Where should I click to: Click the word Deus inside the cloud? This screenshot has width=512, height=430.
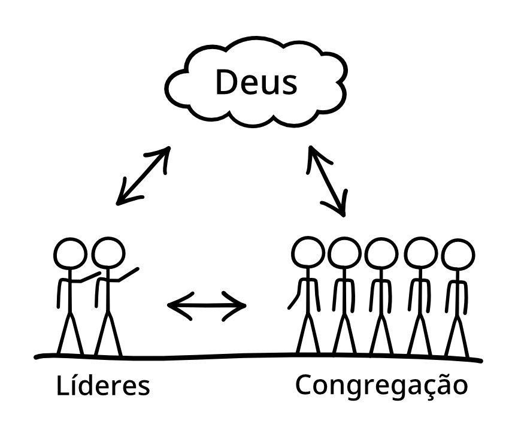[256, 82]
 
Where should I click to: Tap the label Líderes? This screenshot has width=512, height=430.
[103, 386]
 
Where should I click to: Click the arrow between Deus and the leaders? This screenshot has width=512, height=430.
[143, 175]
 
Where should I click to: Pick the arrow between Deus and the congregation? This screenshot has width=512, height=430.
[327, 181]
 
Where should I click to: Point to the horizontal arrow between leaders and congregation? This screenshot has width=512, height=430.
[207, 305]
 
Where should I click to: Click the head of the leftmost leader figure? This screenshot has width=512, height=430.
[70, 254]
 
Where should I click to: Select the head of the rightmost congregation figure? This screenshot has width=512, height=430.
[458, 255]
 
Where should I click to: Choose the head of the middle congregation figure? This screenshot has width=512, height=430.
[381, 254]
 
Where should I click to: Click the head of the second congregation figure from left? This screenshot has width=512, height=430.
[344, 253]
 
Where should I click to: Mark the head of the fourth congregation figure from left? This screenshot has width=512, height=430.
[420, 254]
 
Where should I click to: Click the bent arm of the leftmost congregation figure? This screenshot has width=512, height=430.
[295, 294]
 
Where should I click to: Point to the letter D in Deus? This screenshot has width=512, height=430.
[226, 82]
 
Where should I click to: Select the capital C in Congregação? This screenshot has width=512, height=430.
[304, 384]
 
